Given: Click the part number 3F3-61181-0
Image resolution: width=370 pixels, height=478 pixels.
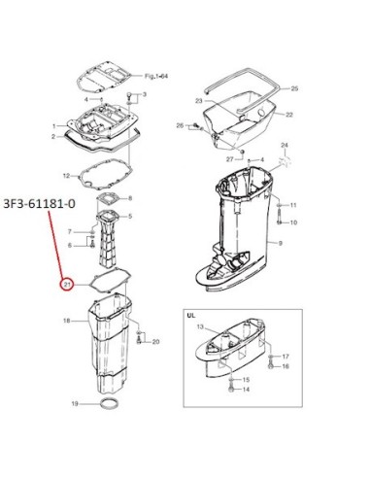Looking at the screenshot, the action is tap(40, 204).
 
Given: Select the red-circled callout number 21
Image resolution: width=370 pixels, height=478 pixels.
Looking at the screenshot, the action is tap(67, 285).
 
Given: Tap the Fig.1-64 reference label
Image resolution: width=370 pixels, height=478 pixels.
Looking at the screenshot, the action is tap(156, 77).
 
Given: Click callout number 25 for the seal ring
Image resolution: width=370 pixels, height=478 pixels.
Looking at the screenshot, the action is tap(294, 88).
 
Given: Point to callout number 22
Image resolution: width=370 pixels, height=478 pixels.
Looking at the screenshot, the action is tap(289, 115).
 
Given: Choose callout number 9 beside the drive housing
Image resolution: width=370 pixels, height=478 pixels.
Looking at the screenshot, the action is tap(280, 243).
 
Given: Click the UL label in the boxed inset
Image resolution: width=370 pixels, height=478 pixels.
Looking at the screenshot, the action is tap(191, 315).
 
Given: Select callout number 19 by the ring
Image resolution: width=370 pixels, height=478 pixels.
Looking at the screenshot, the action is tap(75, 404).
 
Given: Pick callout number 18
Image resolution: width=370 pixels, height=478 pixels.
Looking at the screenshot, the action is tap(67, 321).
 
